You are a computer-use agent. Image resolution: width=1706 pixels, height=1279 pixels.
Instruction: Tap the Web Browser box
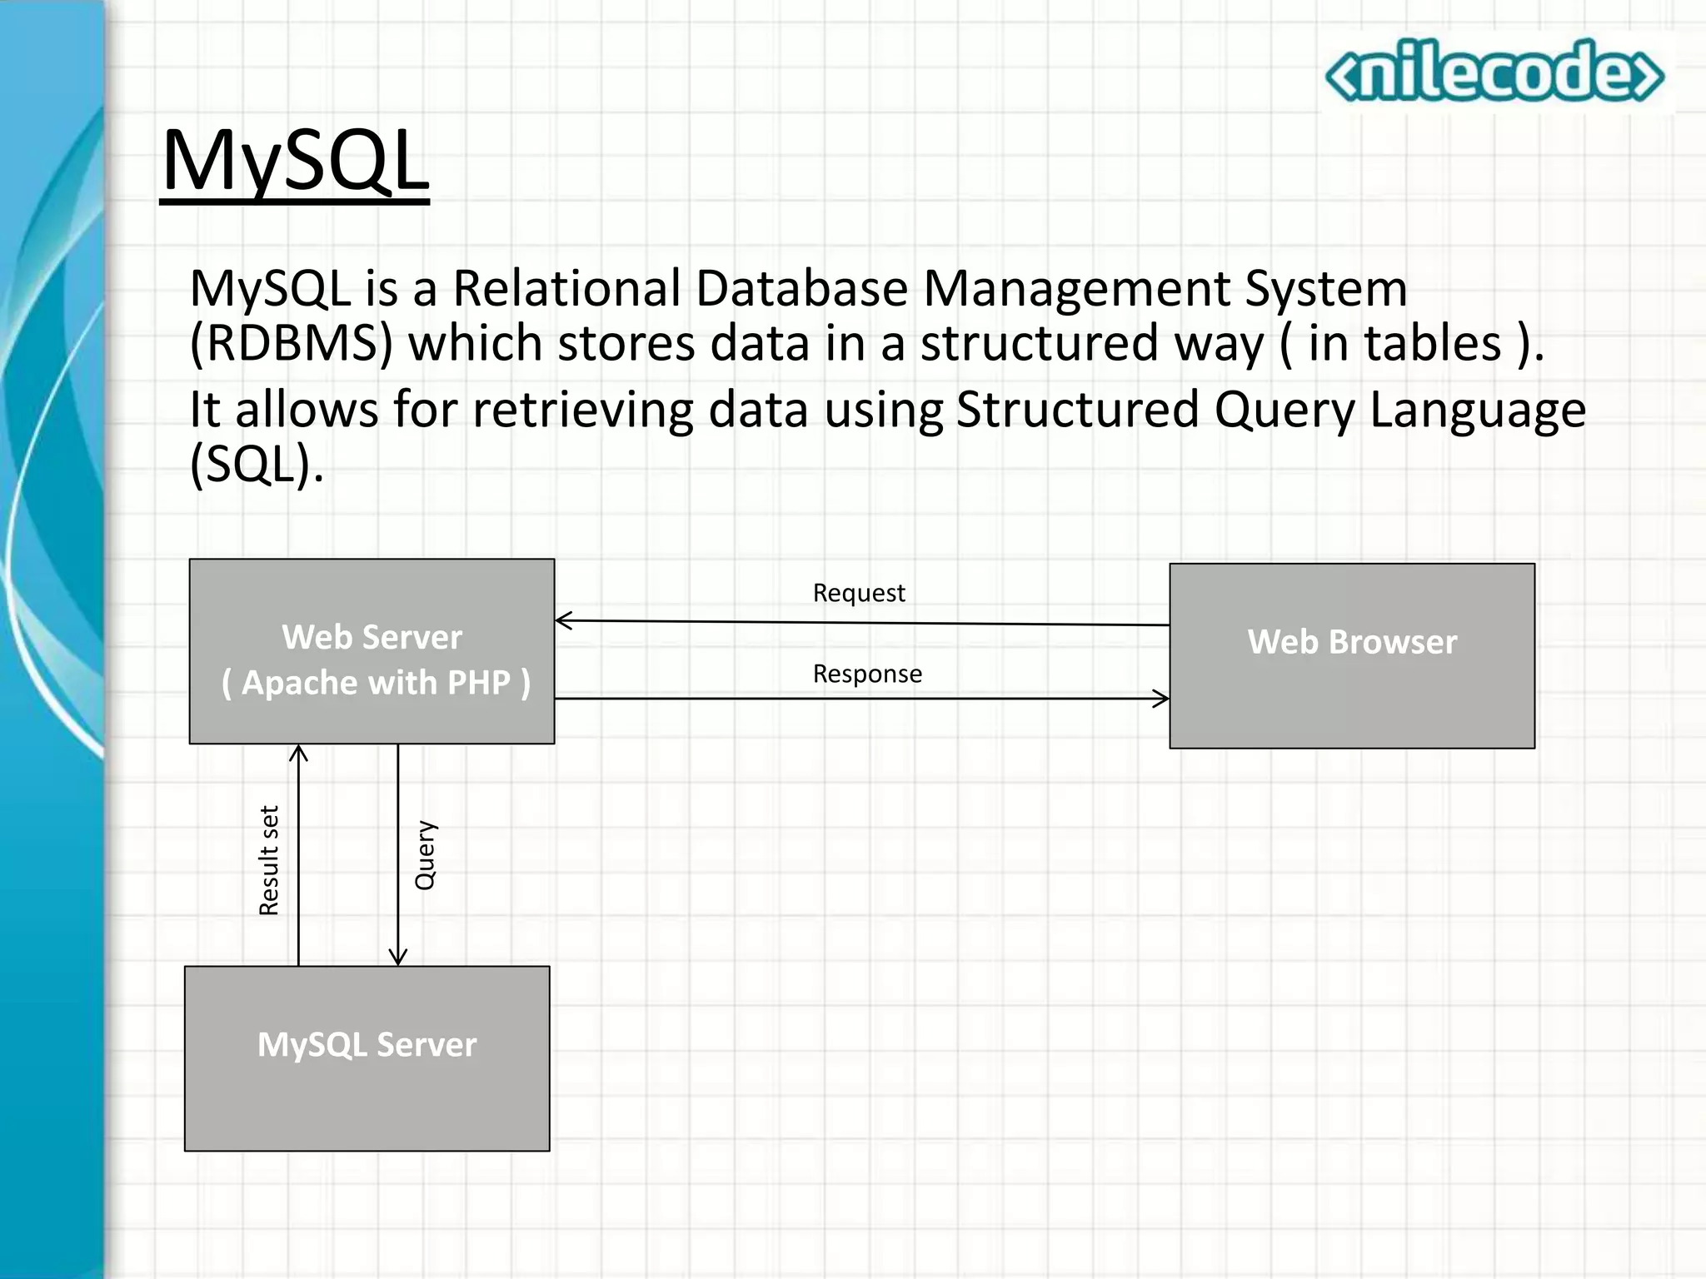pos(1351,656)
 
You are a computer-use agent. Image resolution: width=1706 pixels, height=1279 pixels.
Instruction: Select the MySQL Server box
pos(367,1058)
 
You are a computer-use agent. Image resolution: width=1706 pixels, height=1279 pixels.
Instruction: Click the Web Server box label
pos(372,659)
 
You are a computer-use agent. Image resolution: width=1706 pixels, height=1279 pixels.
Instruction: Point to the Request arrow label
pos(858,593)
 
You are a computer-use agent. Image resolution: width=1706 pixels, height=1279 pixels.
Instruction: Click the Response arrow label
pos(867,674)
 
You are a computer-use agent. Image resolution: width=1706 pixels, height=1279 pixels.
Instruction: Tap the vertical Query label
pos(426,855)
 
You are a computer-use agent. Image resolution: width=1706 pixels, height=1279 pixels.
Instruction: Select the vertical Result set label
pos(269,860)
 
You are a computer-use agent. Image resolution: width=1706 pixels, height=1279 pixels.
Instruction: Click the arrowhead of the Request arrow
pos(561,620)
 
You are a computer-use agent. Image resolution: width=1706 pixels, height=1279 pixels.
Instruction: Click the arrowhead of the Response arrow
pos(1163,699)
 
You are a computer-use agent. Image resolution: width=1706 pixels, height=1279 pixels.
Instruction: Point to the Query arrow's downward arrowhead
pos(398,958)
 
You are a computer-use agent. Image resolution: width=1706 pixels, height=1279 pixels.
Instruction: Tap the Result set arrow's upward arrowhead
pos(298,752)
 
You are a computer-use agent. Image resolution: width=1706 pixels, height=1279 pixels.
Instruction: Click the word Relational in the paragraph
pos(566,289)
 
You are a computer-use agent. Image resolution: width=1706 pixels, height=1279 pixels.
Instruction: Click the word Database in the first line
pos(801,289)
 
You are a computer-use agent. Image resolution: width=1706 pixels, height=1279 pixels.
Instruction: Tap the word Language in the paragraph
pos(1477,410)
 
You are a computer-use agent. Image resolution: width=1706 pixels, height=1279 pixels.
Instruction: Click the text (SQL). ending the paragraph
pos(257,464)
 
